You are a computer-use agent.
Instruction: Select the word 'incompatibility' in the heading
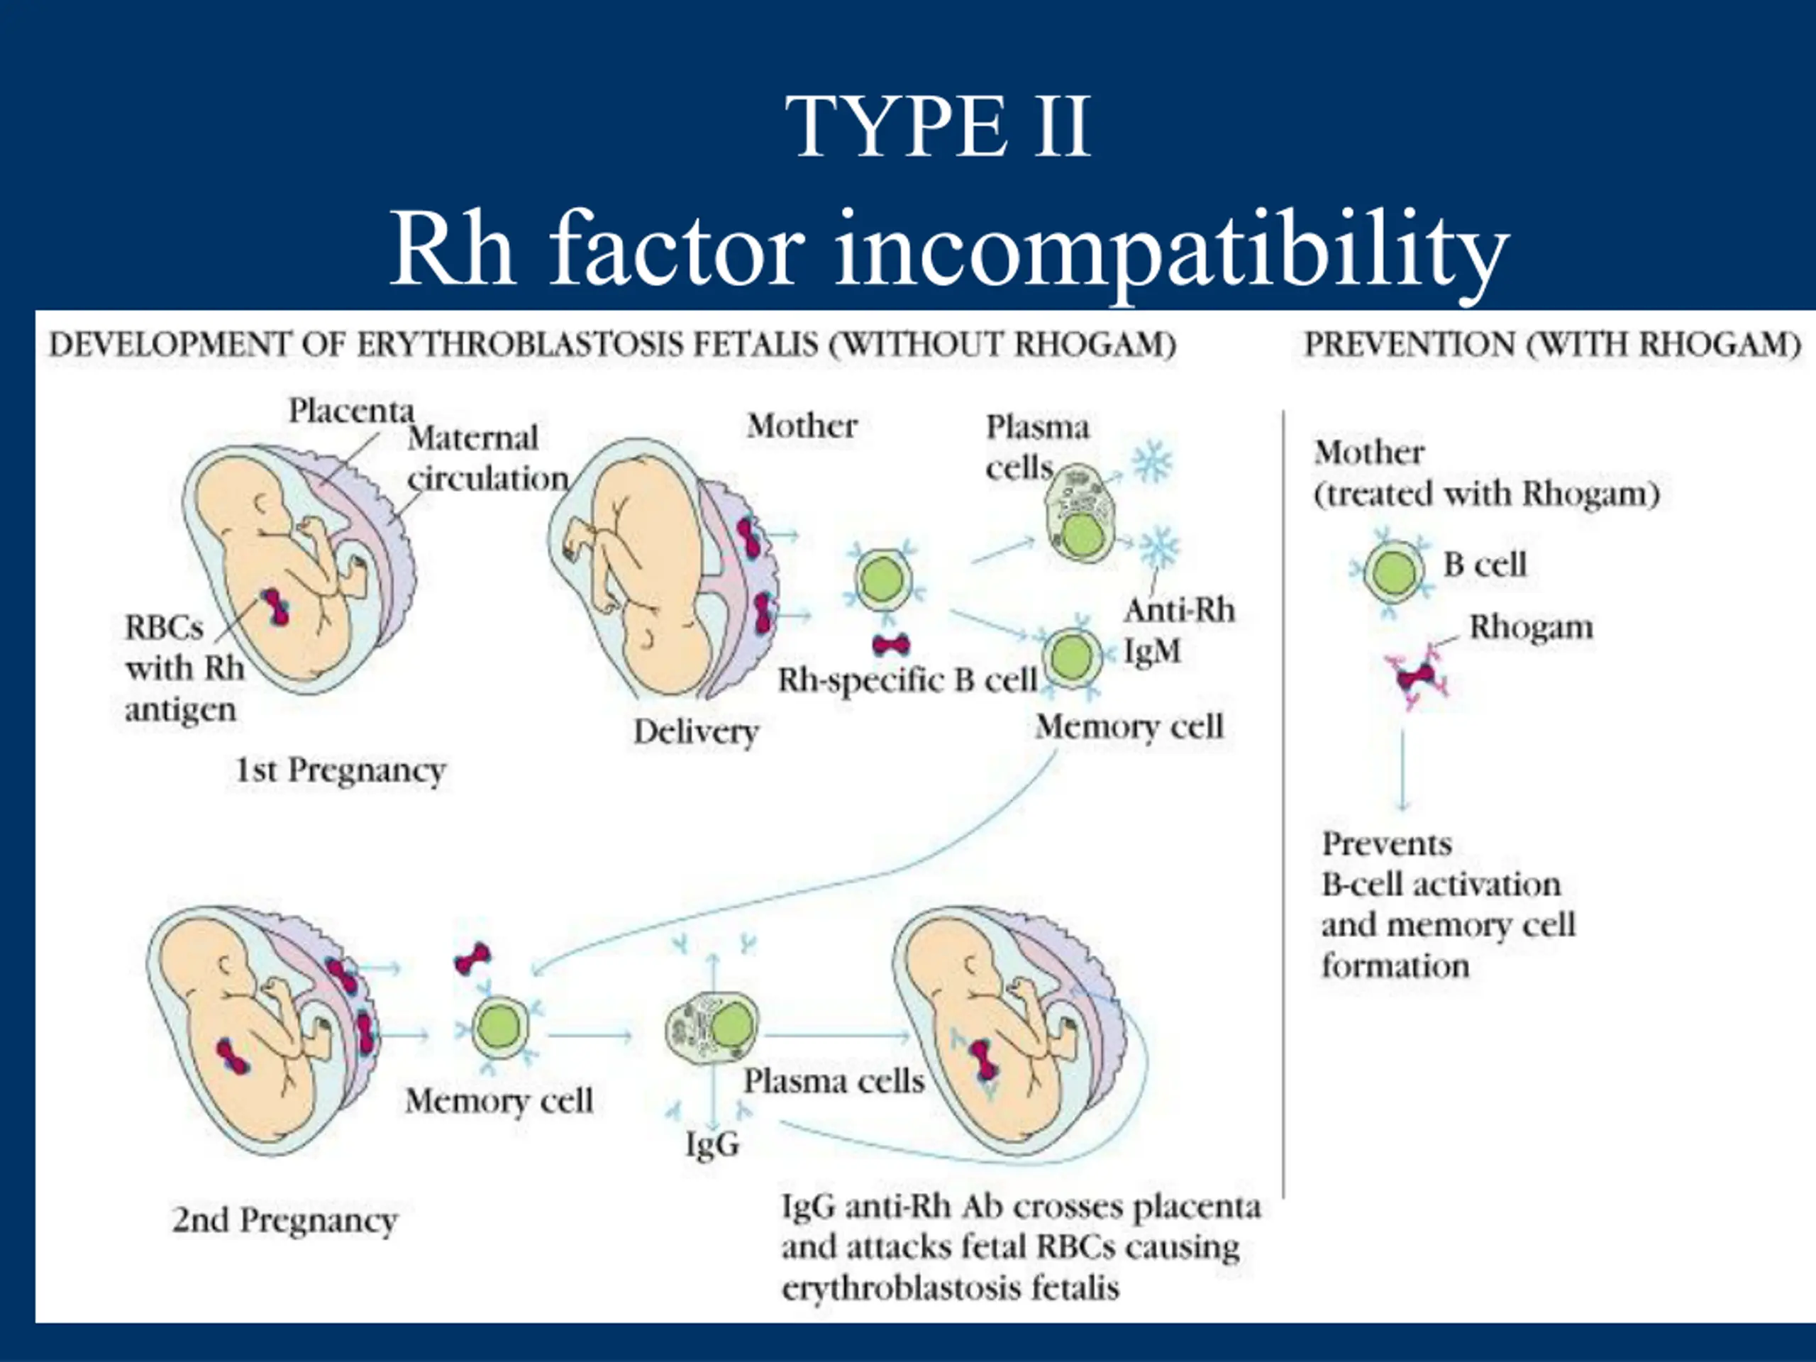(x=1172, y=250)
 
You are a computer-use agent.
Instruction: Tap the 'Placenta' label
(x=350, y=411)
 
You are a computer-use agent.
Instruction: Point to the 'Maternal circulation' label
(x=487, y=458)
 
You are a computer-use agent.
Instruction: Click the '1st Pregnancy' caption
(x=340, y=771)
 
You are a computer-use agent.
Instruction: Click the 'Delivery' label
(x=696, y=731)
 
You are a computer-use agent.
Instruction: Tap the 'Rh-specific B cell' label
(x=907, y=680)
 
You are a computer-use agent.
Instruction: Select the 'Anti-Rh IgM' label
(x=1179, y=631)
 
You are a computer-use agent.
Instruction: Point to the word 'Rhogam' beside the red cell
(x=1531, y=628)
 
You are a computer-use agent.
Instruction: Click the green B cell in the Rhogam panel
(x=1393, y=571)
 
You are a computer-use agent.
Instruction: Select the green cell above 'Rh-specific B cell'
(x=883, y=579)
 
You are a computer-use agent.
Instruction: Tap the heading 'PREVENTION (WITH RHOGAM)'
(x=1552, y=344)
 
